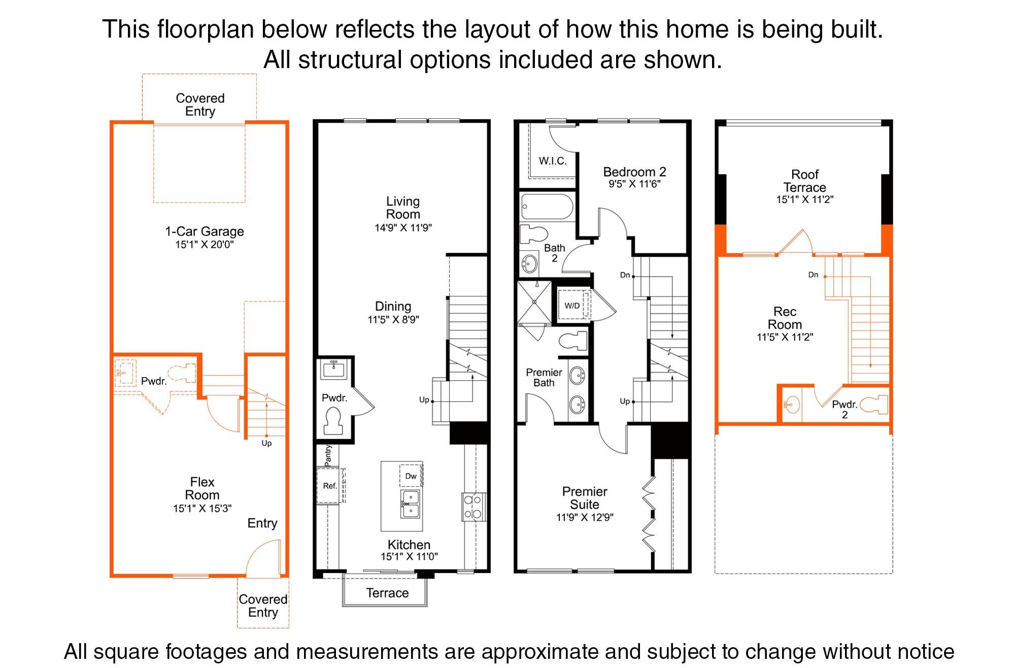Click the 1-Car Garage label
tap(204, 231)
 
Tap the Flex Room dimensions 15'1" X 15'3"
tap(202, 508)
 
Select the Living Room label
tap(403, 208)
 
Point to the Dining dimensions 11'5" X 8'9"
tap(393, 320)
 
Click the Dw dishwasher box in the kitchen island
tap(411, 476)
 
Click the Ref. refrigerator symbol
tap(330, 486)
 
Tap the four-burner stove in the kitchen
tap(473, 507)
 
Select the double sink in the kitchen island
tap(410, 503)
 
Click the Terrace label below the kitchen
tap(387, 593)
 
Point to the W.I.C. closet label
tap(553, 161)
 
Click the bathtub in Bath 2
tap(547, 207)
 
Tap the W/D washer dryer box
tap(572, 306)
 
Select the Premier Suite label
tap(584, 498)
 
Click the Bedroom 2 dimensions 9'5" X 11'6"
tap(634, 184)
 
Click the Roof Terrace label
tap(804, 181)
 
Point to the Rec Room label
tap(785, 318)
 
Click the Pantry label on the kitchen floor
tap(328, 455)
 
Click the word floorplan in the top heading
tap(206, 29)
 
